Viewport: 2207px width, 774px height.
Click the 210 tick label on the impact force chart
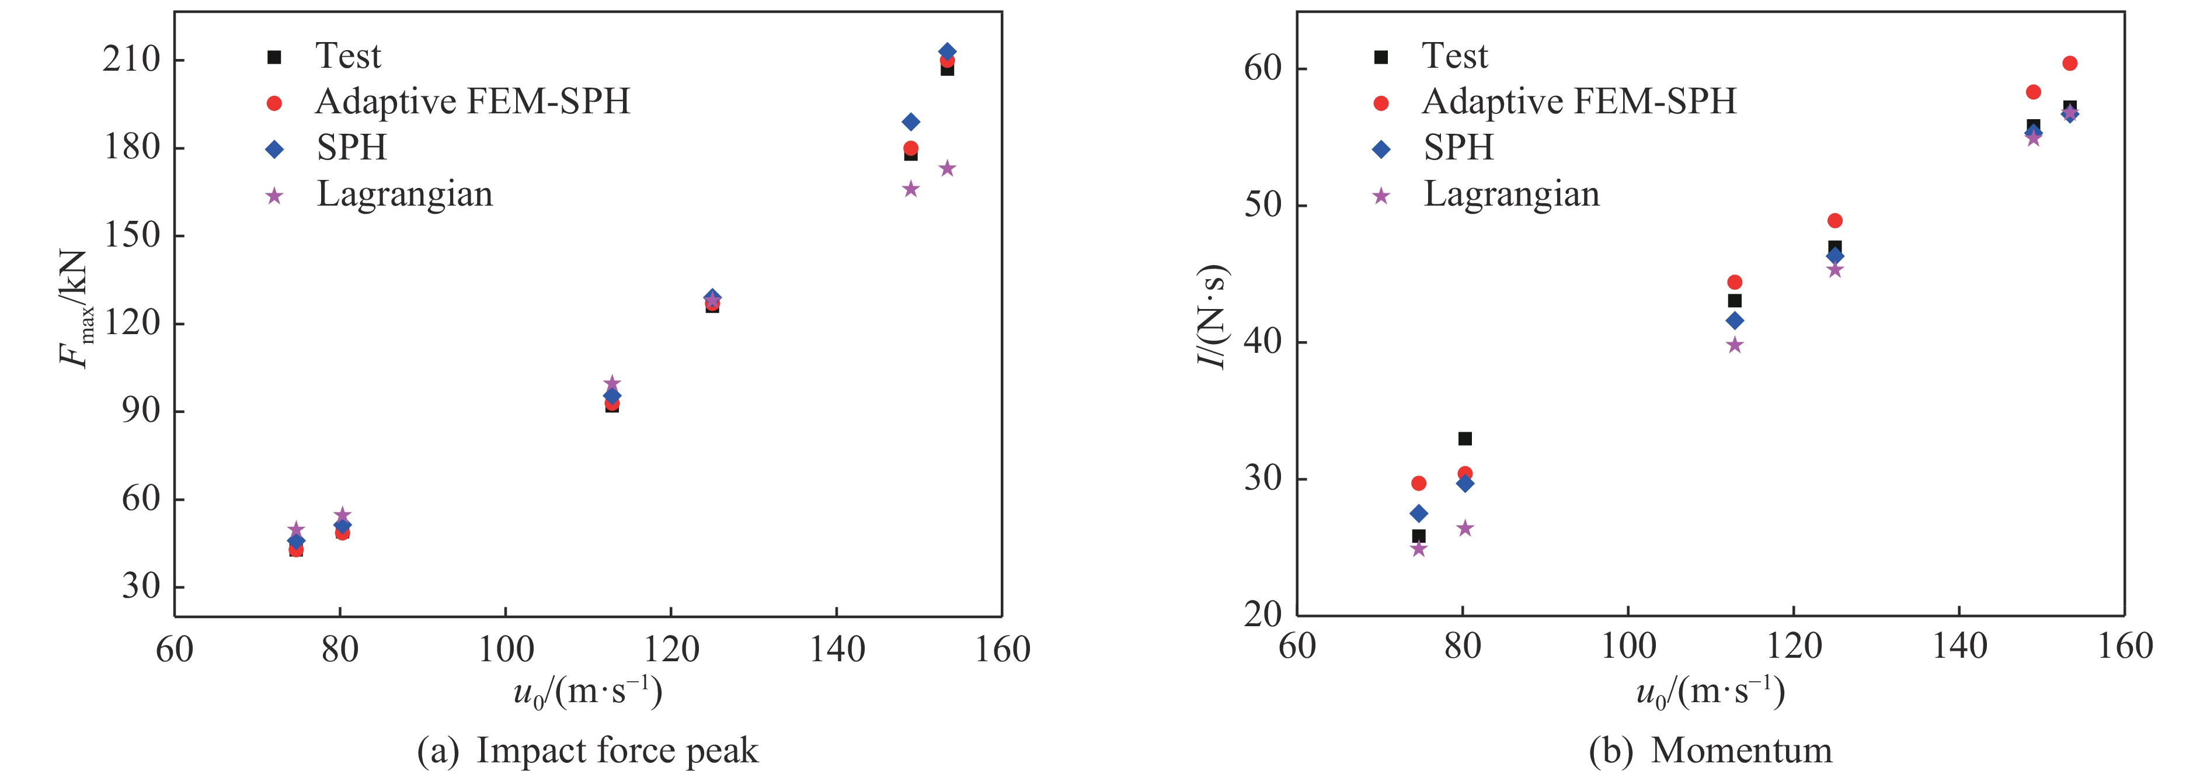click(x=131, y=60)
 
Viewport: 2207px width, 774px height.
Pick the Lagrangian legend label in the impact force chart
click(x=405, y=195)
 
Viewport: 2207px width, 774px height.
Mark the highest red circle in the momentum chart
click(x=2069, y=64)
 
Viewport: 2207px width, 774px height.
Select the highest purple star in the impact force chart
click(x=946, y=169)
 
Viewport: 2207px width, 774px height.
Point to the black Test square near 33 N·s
click(x=1465, y=439)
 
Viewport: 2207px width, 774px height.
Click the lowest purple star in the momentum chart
click(x=1419, y=549)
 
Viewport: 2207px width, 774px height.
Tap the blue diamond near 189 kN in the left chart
click(x=911, y=122)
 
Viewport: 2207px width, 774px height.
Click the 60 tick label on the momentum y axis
click(x=1262, y=68)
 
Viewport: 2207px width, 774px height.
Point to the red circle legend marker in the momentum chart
click(x=1381, y=103)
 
